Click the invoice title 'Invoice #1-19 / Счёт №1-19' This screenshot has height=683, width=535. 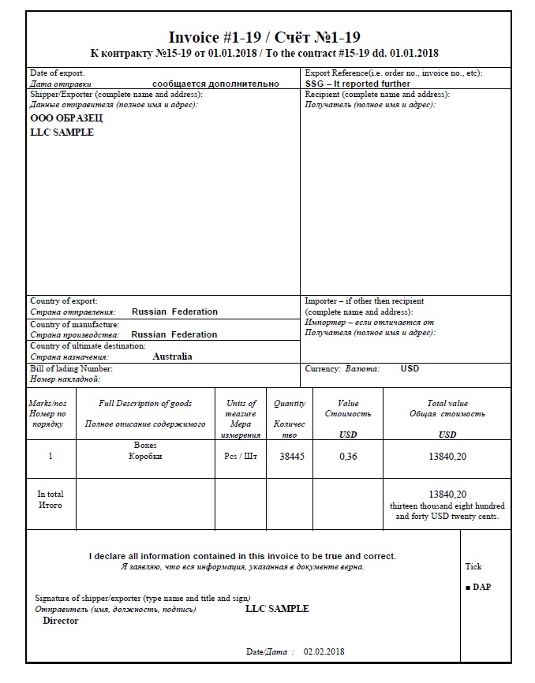(264, 37)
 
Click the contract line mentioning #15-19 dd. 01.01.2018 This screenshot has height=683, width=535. (264, 54)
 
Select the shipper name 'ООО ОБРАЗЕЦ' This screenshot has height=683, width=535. (66, 118)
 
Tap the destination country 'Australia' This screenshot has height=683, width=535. (172, 356)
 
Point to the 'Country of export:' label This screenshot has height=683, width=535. (64, 301)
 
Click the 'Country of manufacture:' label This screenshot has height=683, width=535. (75, 324)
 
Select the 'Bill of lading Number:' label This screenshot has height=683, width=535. (72, 369)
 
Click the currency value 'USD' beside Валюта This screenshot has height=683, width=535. (410, 369)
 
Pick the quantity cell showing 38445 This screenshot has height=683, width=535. (291, 457)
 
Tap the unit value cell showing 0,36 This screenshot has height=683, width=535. (348, 457)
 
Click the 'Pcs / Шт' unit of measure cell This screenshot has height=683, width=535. (241, 457)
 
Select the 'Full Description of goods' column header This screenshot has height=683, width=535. (145, 404)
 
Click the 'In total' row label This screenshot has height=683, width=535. (51, 495)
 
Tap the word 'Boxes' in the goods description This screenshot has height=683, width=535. (145, 446)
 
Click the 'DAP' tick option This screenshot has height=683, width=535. (481, 588)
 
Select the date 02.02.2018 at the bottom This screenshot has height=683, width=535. (324, 652)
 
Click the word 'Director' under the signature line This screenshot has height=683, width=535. (61, 621)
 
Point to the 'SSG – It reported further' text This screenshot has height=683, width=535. (357, 84)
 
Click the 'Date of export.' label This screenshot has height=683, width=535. (57, 73)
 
